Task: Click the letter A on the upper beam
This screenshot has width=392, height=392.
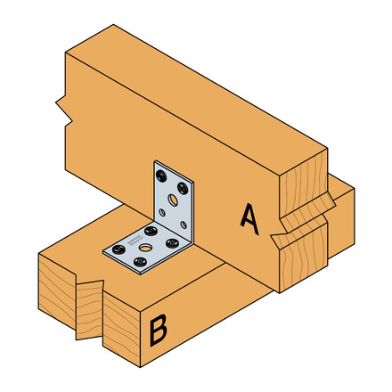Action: coord(250,217)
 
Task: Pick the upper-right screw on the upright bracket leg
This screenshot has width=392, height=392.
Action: coord(184,187)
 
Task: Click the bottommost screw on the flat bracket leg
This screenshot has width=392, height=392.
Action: coord(140,260)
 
